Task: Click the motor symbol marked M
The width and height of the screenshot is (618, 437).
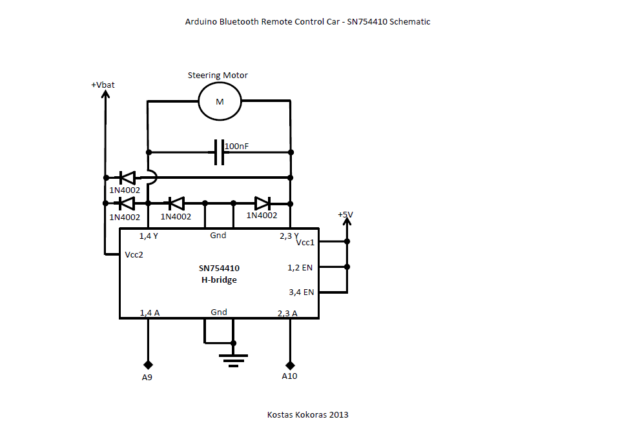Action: click(219, 101)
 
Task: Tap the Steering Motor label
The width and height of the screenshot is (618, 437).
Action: click(218, 76)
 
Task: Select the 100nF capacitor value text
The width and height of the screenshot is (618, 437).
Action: click(236, 147)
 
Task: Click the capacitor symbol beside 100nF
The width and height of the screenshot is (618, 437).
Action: click(219, 152)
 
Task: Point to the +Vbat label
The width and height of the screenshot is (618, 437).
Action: click(103, 85)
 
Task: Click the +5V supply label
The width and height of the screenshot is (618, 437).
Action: click(346, 214)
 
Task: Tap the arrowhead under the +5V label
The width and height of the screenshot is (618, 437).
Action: click(347, 223)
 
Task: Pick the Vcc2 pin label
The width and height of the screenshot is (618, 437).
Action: click(134, 254)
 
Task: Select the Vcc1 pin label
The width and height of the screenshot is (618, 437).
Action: click(305, 242)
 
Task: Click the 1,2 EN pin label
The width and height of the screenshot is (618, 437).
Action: click(300, 267)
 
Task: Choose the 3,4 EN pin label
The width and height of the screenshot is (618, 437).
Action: click(301, 292)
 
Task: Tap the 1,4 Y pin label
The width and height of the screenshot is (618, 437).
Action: click(149, 236)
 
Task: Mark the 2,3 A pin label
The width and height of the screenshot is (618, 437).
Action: click(287, 313)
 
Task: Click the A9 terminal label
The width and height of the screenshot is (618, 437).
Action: click(147, 377)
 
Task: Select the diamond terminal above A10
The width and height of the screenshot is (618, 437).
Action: click(290, 365)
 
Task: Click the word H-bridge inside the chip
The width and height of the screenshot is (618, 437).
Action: click(219, 279)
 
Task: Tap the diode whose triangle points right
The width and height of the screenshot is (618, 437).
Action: click(262, 203)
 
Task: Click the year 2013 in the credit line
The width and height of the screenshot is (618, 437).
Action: click(338, 414)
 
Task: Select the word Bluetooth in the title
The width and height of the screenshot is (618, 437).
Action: click(239, 21)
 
